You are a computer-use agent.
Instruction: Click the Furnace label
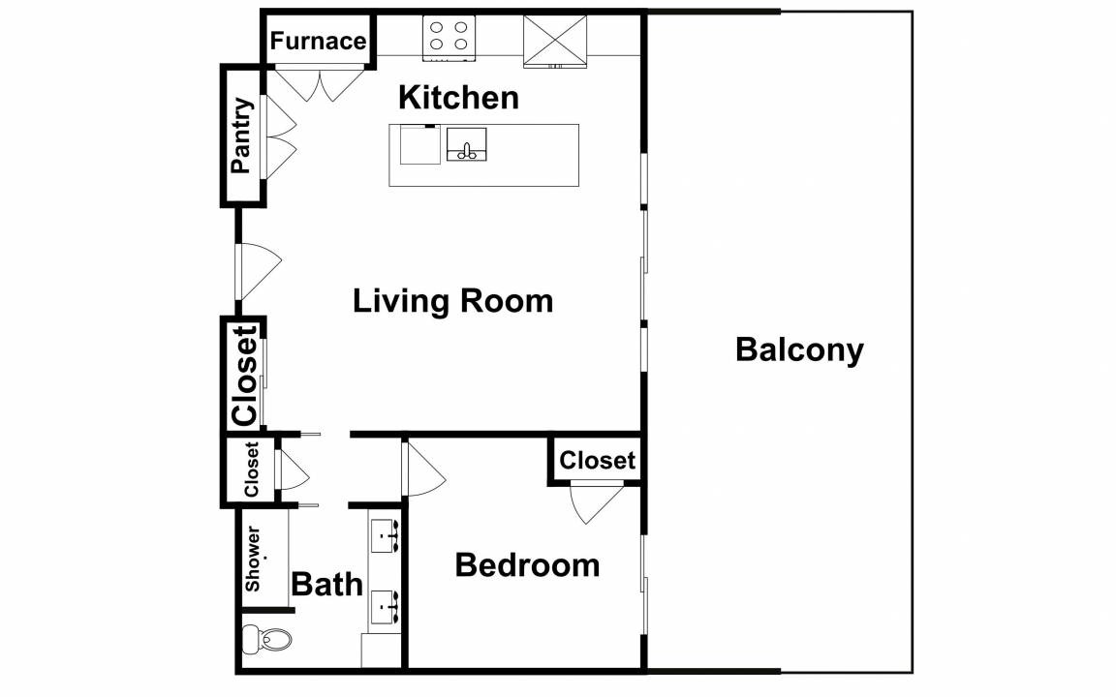point(318,42)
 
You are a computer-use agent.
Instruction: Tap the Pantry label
point(242,136)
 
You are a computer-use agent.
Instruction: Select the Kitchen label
point(458,98)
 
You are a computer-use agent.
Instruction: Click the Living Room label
point(452,301)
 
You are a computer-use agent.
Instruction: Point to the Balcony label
point(799,349)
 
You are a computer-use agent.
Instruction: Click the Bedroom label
point(527,565)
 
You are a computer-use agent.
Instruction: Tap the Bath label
point(326,585)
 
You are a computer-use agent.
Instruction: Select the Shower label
point(254,559)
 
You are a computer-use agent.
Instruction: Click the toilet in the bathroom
point(267,639)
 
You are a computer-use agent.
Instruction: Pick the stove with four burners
point(449,38)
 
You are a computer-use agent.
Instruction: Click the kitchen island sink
point(466,144)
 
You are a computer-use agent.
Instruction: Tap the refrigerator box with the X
point(555,42)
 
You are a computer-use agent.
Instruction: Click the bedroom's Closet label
point(597,461)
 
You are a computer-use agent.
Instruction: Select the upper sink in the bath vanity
point(385,534)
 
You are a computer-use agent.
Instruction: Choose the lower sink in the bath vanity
point(385,606)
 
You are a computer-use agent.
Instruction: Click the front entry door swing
point(259,272)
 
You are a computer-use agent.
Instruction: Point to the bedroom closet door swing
point(597,503)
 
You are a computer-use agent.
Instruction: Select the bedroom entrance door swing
point(423,470)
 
